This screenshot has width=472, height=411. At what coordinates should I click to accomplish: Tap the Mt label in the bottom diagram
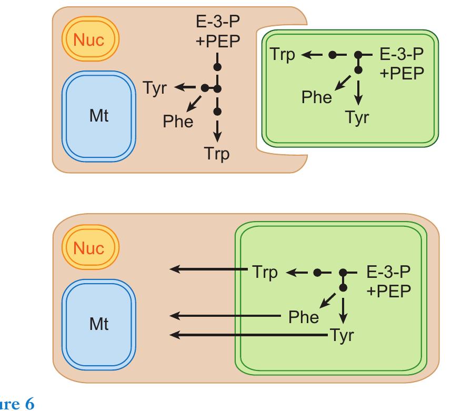click(98, 324)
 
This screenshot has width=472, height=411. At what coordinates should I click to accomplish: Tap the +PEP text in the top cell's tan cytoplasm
click(217, 43)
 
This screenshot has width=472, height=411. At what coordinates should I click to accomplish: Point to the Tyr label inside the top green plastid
click(357, 117)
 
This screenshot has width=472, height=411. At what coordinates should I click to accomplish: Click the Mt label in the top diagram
click(98, 115)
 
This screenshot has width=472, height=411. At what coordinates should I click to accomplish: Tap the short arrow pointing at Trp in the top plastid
click(308, 54)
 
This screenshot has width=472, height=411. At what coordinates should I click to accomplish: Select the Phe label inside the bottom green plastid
click(304, 317)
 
